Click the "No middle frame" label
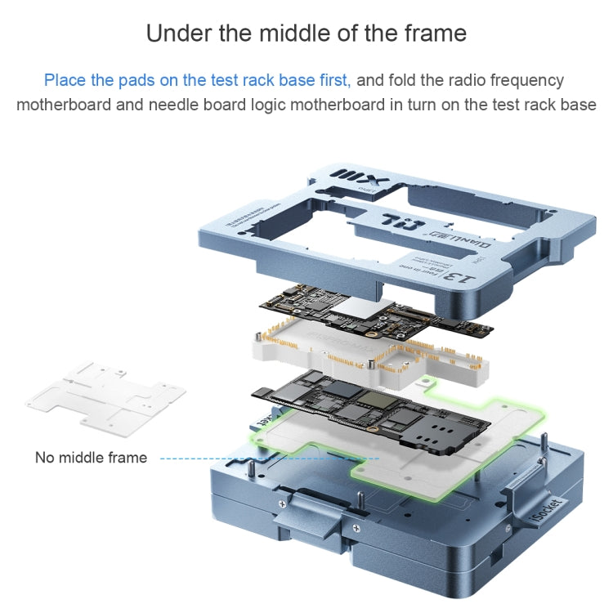point(91,458)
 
